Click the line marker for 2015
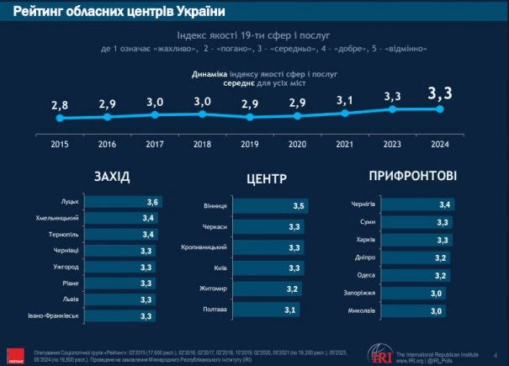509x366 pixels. point(59,119)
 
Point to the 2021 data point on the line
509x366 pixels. point(345,113)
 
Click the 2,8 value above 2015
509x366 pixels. point(59,104)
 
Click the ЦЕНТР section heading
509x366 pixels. point(268,178)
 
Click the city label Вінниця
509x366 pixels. point(215,206)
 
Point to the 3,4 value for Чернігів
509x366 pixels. point(443,204)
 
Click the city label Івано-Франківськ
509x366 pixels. point(52,316)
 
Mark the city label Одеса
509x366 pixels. point(367,275)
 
